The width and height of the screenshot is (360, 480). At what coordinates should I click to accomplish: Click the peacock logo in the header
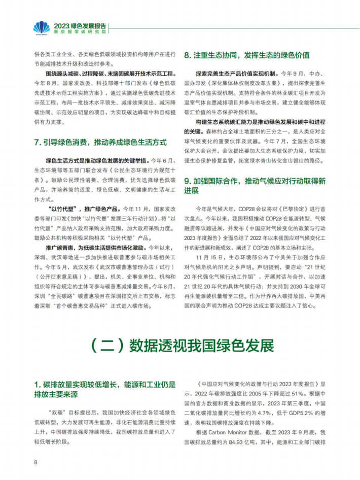click(x=41, y=27)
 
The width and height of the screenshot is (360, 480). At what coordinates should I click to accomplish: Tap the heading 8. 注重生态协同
click(x=246, y=55)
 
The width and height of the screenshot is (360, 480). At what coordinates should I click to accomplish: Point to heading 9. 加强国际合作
click(x=255, y=185)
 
